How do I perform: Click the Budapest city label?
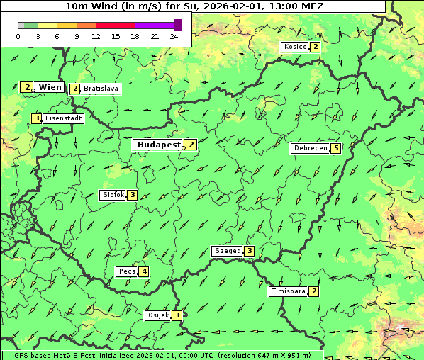pos(159,144)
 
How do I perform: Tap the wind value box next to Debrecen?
pos(336,148)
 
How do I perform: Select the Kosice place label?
pos(295,47)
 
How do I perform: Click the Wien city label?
pos(50,87)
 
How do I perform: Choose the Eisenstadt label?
pos(63,118)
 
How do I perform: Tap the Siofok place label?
pos(113,195)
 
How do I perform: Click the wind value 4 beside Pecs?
pos(144,271)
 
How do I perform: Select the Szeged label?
pos(227,251)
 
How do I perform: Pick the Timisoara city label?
pos(288,291)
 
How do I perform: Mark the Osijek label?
pos(157,315)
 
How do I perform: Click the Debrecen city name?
pos(310,148)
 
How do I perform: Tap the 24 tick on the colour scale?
pos(174,36)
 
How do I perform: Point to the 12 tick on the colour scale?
pos(96,36)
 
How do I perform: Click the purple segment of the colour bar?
pos(154,25)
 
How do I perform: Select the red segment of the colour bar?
pos(115,25)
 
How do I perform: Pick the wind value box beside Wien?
pos(26,87)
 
